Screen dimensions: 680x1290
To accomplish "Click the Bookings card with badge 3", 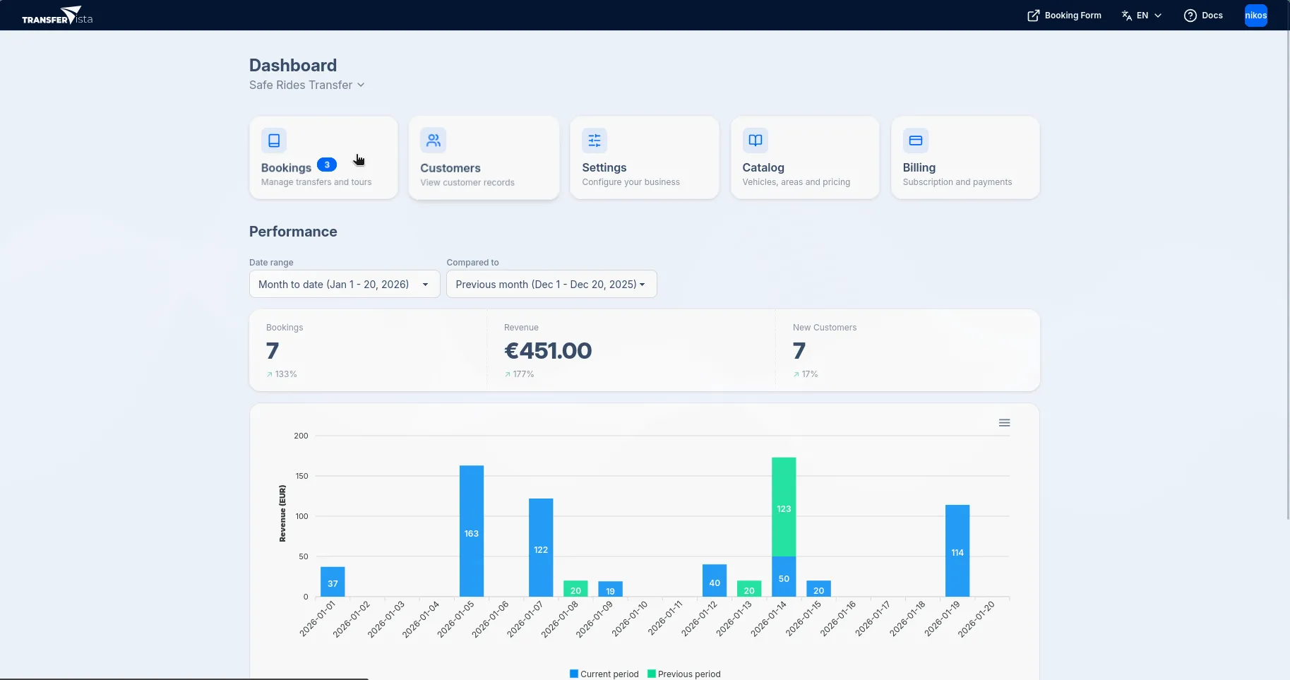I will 323,158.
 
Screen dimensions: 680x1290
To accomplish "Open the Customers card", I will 484,158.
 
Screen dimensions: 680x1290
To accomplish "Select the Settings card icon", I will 595,141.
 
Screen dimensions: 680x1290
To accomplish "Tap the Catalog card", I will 804,158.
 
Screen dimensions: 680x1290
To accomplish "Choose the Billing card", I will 964,158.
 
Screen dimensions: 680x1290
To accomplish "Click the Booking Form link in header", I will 1064,16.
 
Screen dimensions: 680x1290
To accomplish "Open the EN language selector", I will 1142,16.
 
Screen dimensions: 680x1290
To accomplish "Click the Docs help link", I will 1203,16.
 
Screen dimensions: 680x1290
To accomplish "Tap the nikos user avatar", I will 1255,16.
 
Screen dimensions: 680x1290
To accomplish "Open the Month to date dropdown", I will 345,285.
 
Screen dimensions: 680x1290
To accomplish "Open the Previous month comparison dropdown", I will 551,285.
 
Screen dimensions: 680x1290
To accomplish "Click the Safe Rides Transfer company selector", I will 306,85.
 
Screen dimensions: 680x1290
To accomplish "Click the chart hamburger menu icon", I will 1004,423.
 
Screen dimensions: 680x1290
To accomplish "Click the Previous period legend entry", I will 684,674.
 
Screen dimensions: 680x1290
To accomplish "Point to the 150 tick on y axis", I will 301,477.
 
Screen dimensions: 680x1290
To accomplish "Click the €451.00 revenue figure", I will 548,351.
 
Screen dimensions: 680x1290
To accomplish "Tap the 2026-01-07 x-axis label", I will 525,619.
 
